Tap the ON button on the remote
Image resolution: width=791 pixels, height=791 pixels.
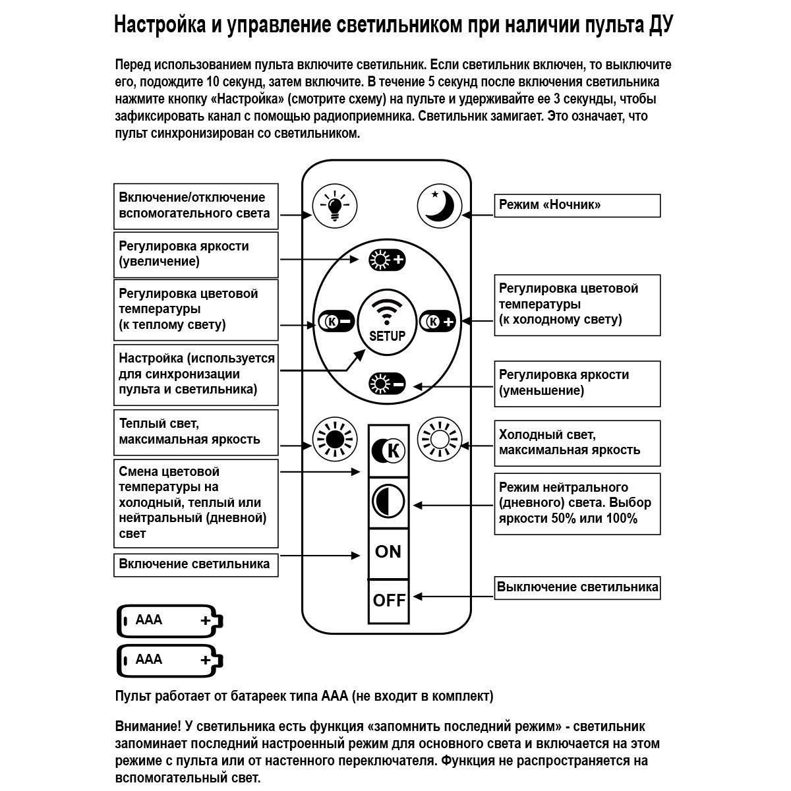[x=388, y=552]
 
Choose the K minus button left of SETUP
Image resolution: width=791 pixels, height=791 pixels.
[x=336, y=321]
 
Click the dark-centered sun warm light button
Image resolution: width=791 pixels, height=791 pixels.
[x=334, y=438]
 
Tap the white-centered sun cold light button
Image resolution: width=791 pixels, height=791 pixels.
[x=440, y=438]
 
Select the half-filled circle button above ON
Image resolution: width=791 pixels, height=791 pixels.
[x=388, y=502]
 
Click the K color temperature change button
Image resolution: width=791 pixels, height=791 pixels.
[x=388, y=451]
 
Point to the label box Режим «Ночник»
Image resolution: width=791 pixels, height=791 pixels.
[x=577, y=205]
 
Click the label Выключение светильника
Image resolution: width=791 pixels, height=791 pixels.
[x=577, y=587]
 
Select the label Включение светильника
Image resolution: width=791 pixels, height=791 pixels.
[x=195, y=564]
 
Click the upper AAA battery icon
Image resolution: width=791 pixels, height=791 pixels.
[x=169, y=620]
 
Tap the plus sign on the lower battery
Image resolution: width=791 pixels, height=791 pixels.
[x=206, y=660]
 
